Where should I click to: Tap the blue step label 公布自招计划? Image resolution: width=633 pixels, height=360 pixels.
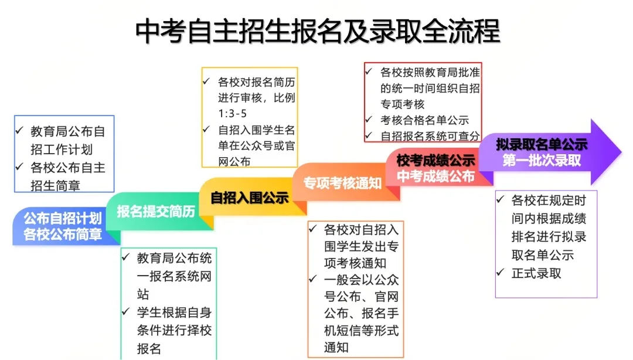click(63, 219)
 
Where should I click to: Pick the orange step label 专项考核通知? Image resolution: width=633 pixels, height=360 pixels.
click(342, 182)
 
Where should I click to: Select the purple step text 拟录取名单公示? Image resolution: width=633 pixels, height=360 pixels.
click(542, 145)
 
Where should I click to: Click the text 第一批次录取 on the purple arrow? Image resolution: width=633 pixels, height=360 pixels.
click(542, 160)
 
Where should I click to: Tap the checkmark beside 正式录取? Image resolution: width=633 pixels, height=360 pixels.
click(501, 273)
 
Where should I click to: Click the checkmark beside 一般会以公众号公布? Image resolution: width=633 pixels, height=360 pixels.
click(313, 279)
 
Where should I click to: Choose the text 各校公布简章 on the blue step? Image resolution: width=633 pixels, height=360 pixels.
click(63, 235)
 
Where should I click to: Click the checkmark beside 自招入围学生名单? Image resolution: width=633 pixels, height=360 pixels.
click(206, 130)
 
